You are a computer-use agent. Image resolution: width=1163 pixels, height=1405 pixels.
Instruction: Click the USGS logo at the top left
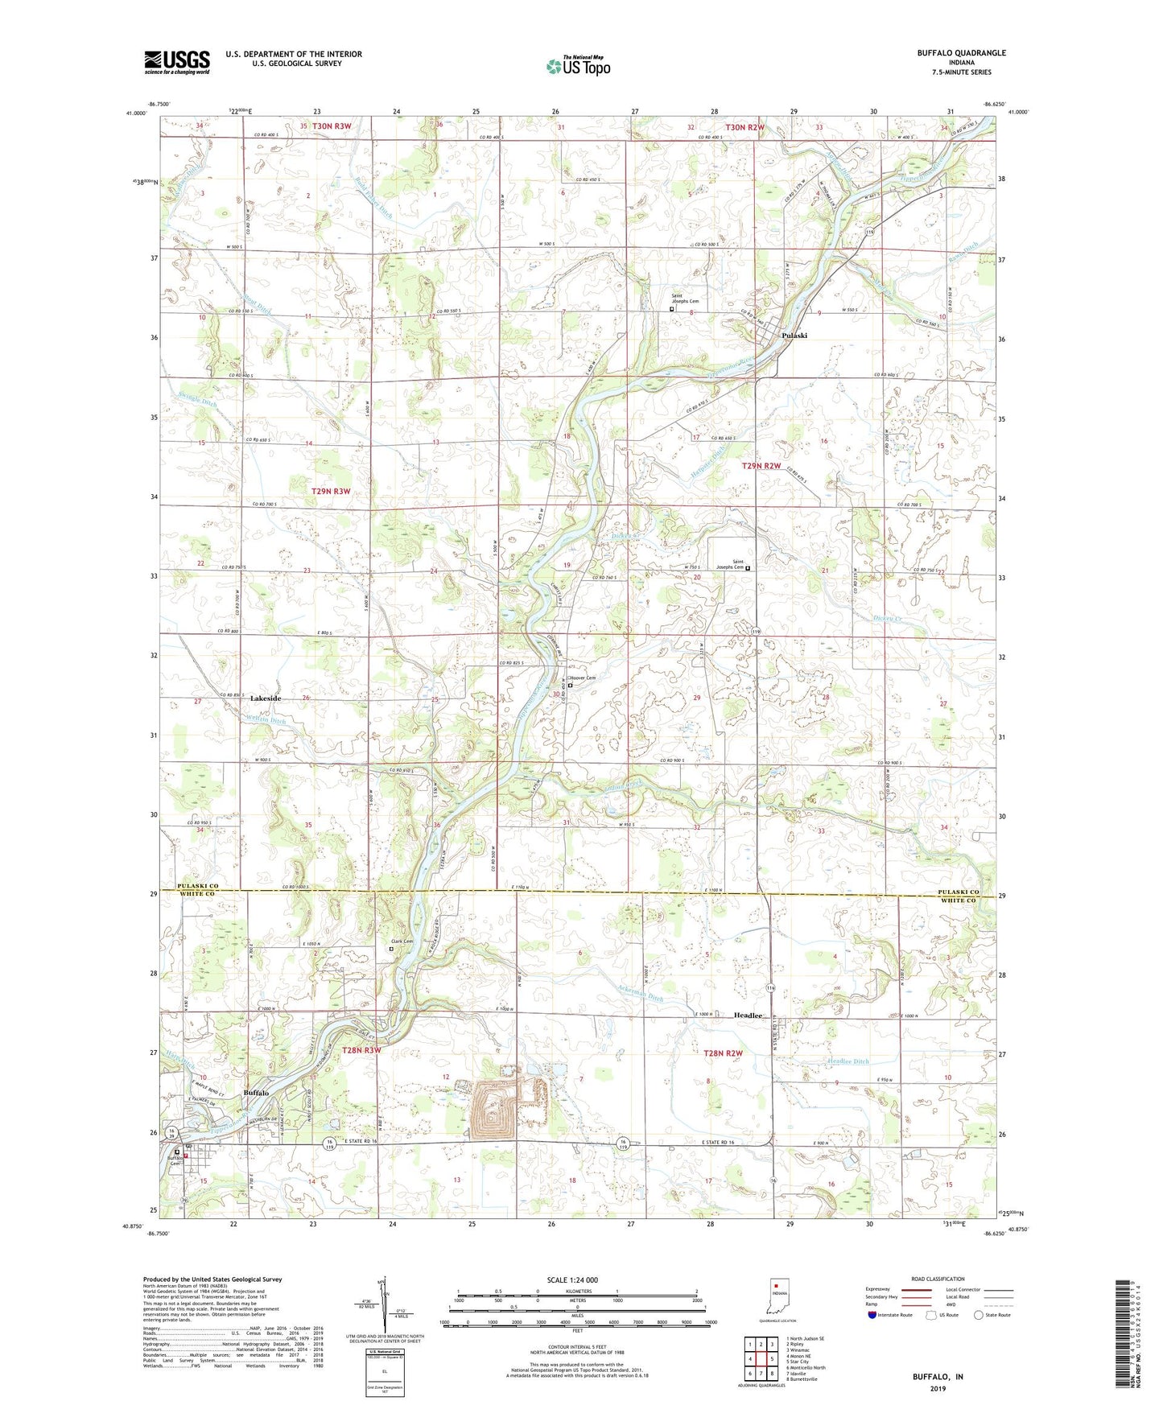(177, 61)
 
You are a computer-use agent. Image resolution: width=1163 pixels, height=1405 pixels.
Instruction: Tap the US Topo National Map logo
(577, 66)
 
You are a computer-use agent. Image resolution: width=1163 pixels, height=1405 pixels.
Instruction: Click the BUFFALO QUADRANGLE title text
(961, 53)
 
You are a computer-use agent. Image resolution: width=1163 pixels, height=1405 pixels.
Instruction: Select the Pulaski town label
(793, 336)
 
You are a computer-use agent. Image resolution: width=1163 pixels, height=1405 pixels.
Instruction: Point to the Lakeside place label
(265, 698)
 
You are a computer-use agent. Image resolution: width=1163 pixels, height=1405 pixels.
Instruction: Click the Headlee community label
(748, 1016)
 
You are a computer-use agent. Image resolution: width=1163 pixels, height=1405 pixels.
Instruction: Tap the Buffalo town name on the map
(256, 1093)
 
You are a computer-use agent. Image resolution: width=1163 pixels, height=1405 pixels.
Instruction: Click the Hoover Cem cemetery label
(584, 678)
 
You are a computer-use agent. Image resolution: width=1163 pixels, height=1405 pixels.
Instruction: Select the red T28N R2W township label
(723, 1053)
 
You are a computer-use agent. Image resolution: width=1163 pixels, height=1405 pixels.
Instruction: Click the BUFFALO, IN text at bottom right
(938, 1354)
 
